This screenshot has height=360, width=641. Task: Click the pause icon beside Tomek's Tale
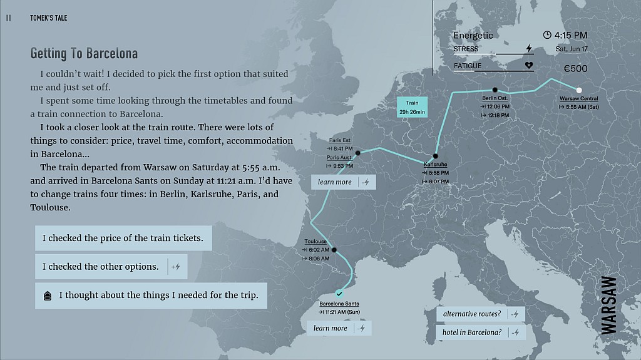click(8, 18)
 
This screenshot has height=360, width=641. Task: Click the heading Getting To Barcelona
click(84, 53)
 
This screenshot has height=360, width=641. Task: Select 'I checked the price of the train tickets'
click(123, 239)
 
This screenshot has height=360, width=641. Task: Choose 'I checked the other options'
click(101, 267)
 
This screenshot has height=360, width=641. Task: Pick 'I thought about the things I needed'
click(158, 296)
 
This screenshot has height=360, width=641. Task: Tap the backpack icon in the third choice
click(48, 296)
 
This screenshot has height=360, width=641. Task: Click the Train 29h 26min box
click(412, 107)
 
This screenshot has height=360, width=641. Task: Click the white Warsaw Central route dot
click(579, 90)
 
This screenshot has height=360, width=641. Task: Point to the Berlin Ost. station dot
click(495, 90)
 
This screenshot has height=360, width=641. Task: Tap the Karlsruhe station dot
click(435, 157)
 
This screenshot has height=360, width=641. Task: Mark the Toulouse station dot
click(334, 250)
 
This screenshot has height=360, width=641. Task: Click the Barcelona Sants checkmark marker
click(339, 293)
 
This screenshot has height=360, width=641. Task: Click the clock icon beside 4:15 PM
click(547, 35)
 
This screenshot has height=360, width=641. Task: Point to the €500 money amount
click(575, 69)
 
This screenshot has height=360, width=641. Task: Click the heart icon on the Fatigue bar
click(528, 64)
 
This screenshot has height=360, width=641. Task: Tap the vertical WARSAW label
click(608, 305)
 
